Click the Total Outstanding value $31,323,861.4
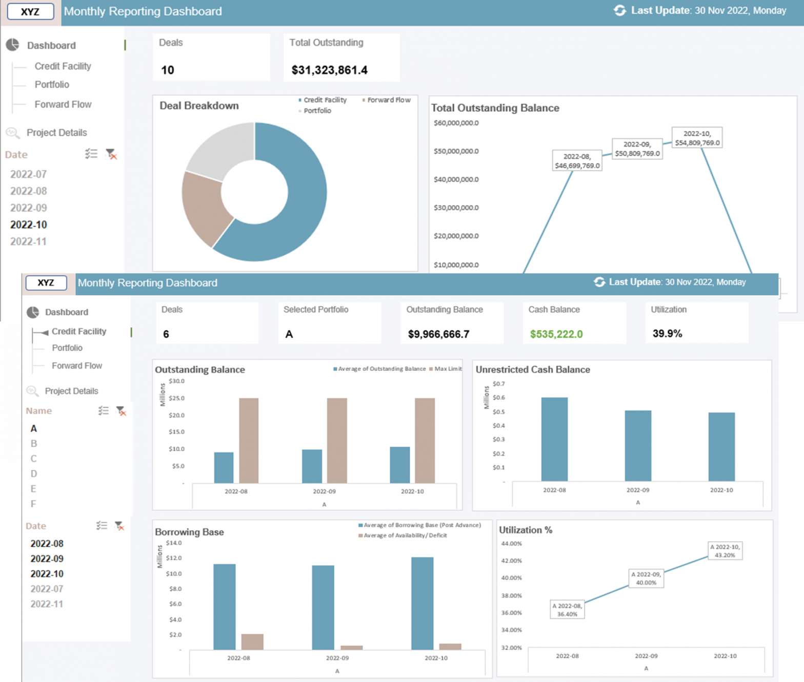[329, 70]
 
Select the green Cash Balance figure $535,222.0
[556, 334]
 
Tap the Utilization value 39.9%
[667, 334]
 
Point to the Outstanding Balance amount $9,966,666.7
[438, 334]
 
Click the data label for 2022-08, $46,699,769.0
[577, 161]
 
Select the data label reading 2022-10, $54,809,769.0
[697, 138]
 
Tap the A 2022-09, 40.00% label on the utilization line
[646, 578]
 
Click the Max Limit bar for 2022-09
[337, 441]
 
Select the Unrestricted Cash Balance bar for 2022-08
[554, 439]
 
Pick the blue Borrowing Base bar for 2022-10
[422, 603]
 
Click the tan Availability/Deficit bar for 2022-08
[252, 642]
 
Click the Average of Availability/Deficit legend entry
[402, 535]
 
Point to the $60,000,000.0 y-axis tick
[456, 123]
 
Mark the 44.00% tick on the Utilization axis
[511, 544]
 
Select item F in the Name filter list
[33, 504]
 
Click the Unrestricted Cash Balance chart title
[533, 369]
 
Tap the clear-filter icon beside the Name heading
[121, 411]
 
